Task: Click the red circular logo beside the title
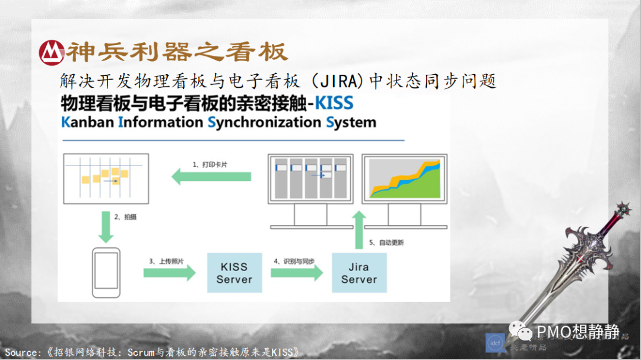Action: (x=52, y=52)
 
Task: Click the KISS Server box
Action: (x=234, y=273)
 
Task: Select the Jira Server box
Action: (x=358, y=273)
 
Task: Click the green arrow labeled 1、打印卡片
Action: (x=211, y=176)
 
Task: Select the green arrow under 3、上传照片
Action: (x=169, y=273)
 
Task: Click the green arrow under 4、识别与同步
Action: (x=297, y=273)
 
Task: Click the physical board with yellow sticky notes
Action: (x=106, y=179)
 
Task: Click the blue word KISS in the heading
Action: (x=334, y=103)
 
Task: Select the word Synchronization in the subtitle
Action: (x=265, y=123)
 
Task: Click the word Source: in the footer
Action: (x=23, y=352)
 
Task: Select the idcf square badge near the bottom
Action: (x=495, y=343)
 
